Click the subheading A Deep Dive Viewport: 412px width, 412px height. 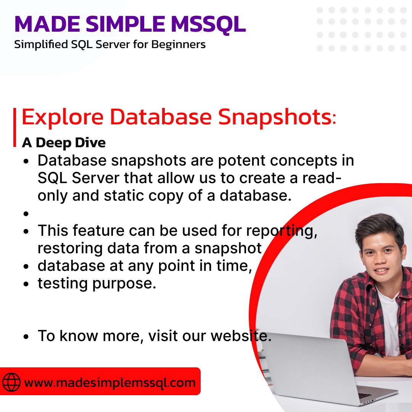[64, 142]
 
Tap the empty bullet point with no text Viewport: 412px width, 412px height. [26, 214]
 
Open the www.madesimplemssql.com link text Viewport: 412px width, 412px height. [109, 382]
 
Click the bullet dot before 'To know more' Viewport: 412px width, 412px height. [26, 337]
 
